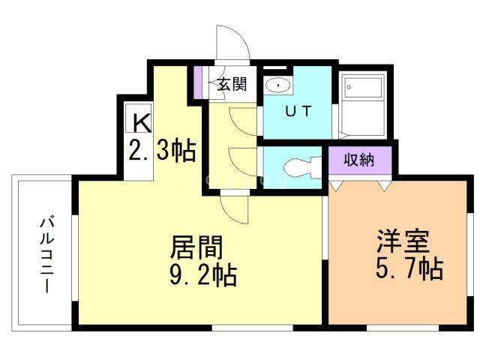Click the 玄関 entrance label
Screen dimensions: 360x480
(x=232, y=84)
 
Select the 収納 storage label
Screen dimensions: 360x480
(x=359, y=160)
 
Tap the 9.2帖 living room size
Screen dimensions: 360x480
(x=201, y=275)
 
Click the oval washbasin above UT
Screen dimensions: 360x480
(x=279, y=85)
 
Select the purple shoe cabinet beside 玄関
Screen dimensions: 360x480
(x=199, y=83)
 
